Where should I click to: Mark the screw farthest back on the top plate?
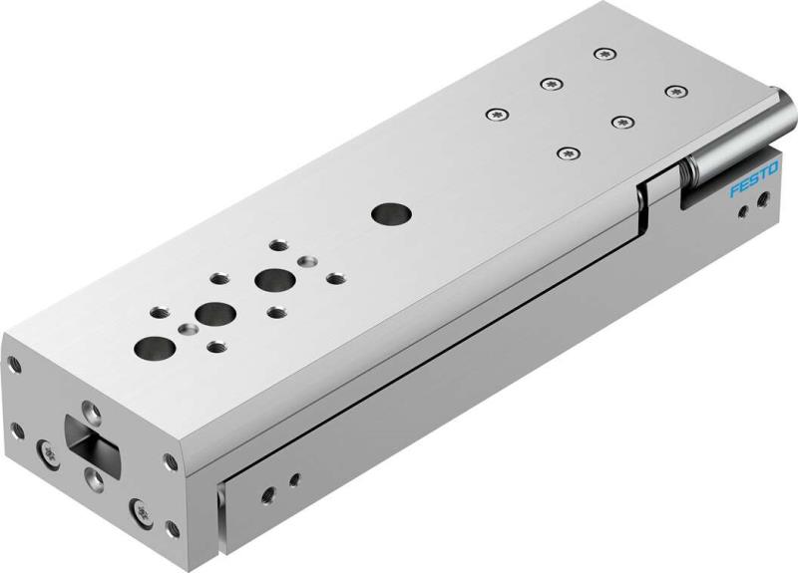(601, 53)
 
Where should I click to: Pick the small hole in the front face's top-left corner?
(13, 366)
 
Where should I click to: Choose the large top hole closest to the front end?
(152, 348)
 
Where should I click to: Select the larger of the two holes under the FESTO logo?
(764, 201)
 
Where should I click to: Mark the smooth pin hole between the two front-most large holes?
(185, 327)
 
